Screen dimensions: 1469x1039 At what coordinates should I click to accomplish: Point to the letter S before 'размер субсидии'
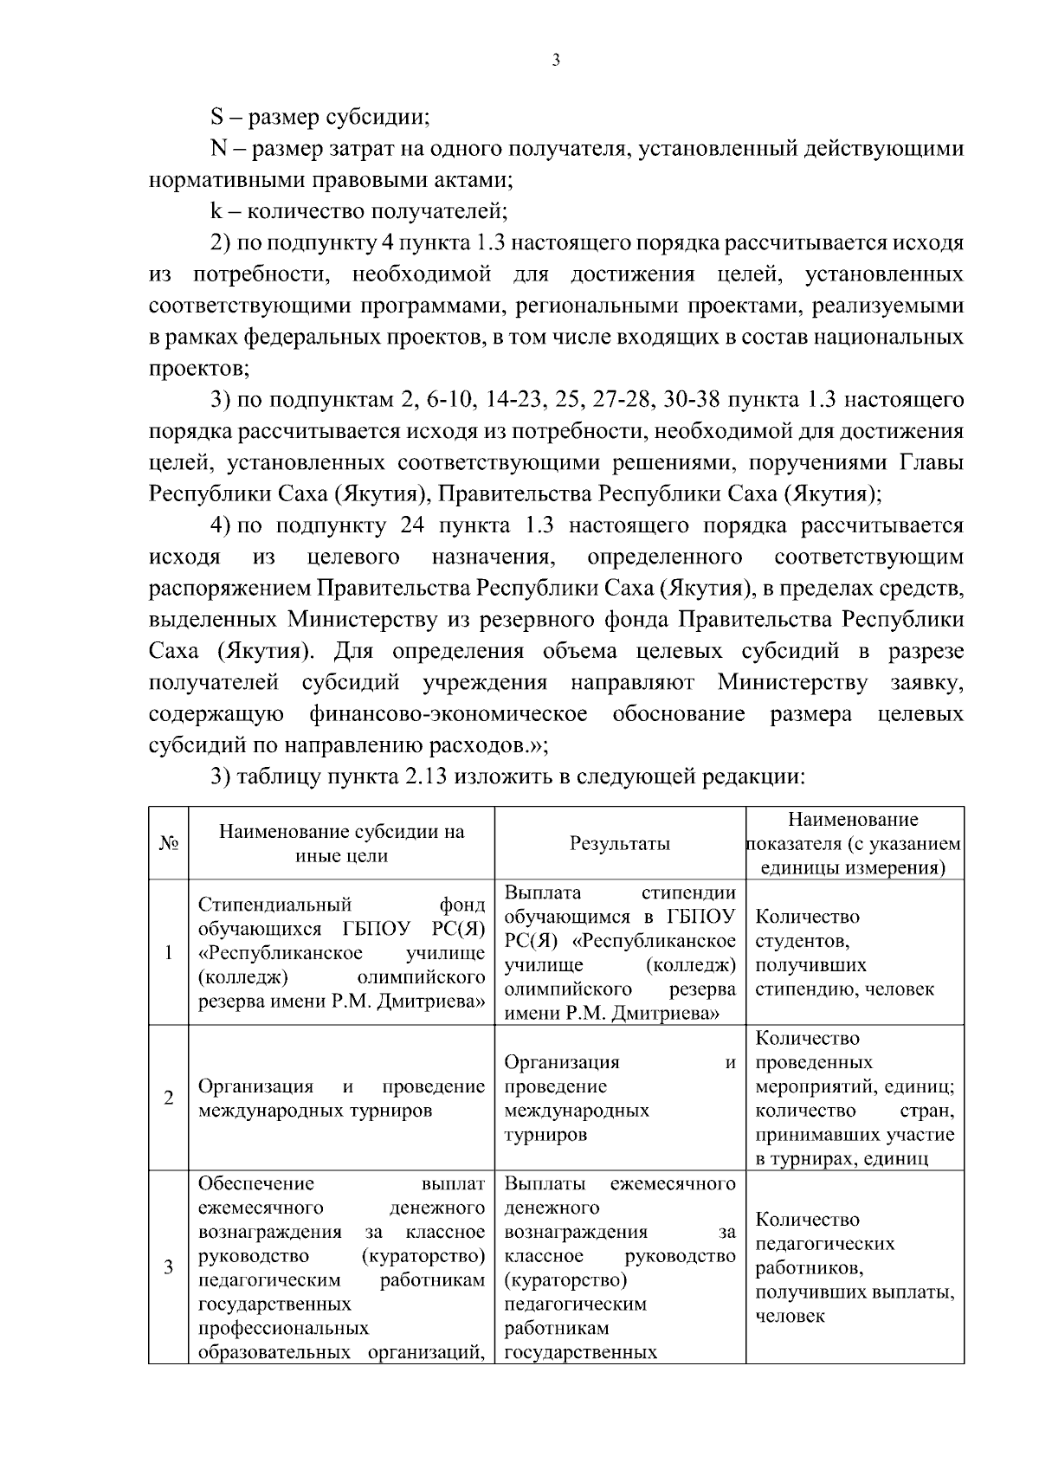[218, 118]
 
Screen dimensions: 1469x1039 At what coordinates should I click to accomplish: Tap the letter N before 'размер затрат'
[219, 149]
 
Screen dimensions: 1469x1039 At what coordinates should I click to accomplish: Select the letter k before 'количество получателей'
[217, 211]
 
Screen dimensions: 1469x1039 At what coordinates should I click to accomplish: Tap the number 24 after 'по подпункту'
[415, 525]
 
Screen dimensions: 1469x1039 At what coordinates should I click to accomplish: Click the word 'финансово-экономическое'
[448, 714]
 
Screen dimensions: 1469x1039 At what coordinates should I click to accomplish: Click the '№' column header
[168, 843]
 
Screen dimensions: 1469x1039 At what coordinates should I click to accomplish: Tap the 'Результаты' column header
[620, 843]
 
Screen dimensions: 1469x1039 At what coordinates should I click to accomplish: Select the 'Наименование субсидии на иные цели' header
[341, 843]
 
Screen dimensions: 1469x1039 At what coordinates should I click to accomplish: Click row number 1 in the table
[168, 953]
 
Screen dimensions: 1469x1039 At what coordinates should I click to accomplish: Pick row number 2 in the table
[168, 1098]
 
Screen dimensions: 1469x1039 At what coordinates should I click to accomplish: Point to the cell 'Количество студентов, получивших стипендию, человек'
[844, 952]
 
